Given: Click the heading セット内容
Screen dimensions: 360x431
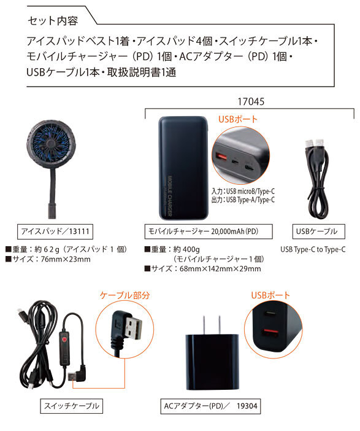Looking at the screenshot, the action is pos(53,21).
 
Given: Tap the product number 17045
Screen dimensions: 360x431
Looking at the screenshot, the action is pos(251,102).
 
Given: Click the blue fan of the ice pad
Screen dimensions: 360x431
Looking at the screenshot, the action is pos(50,144).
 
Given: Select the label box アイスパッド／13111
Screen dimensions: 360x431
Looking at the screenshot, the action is pos(55,231).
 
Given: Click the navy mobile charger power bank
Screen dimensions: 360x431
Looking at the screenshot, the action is pos(183,168).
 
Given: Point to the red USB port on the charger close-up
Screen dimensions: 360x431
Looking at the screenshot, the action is pos(222,158).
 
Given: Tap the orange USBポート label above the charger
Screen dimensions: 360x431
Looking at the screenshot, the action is pos(238,119).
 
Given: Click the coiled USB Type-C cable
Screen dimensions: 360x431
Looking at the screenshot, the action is pos(317,179).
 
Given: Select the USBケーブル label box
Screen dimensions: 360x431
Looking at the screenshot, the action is pos(318,231).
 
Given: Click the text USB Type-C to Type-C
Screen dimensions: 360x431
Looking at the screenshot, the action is pos(313,249).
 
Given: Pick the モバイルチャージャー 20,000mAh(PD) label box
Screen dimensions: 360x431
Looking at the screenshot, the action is pos(209,231).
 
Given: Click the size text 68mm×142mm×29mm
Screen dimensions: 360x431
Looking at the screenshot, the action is pos(220,268).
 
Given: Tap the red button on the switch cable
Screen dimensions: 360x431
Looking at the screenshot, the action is pos(64,339).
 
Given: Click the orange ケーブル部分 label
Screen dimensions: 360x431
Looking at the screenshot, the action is pos(125,295).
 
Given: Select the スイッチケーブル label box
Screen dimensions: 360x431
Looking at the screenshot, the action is pos(71,406).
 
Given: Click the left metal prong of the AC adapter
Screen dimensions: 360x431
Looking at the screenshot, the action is pos(204,325).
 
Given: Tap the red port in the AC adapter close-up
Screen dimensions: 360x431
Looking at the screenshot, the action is pos(270,335).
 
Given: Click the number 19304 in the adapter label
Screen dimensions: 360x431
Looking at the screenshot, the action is pos(247,406).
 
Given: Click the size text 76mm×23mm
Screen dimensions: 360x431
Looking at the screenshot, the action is pos(66,259).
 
